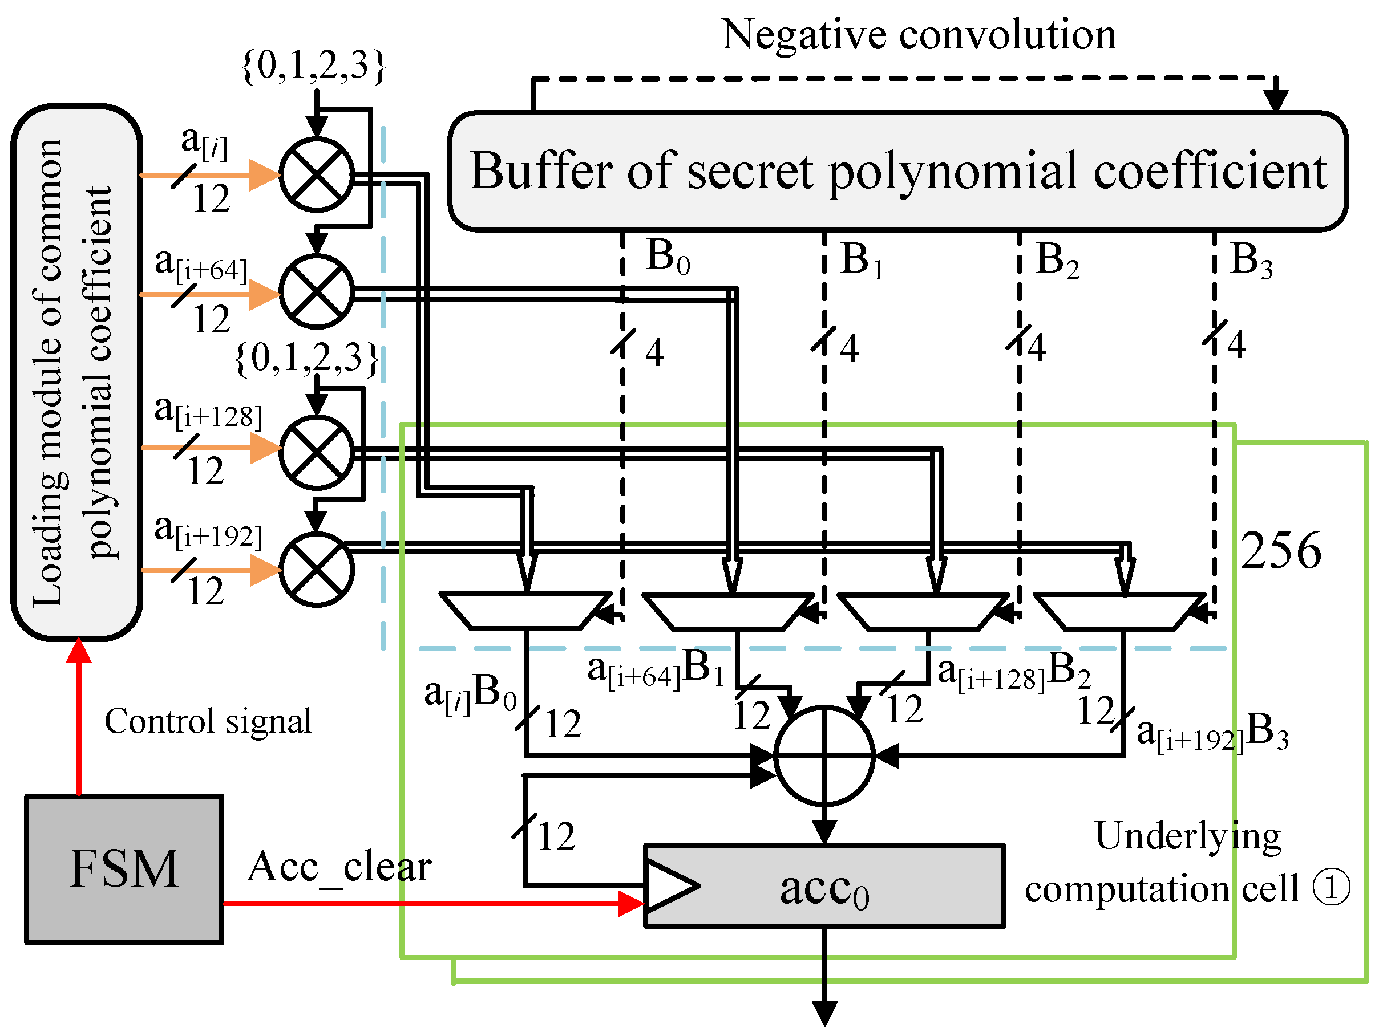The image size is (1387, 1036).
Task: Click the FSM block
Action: click(124, 869)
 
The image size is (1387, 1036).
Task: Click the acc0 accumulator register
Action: click(824, 886)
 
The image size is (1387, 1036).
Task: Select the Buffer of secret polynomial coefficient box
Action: click(897, 171)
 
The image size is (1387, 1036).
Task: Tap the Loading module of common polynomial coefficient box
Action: click(76, 372)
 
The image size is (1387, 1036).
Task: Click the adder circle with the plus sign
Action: click(824, 755)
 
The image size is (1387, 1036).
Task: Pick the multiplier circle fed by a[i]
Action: click(317, 175)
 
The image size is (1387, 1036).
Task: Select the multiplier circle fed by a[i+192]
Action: click(317, 569)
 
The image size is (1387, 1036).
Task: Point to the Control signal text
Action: click(208, 721)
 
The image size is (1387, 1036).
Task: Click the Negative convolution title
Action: click(918, 34)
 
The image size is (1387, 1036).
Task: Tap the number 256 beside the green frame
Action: click(1280, 550)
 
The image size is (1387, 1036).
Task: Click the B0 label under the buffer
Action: click(667, 257)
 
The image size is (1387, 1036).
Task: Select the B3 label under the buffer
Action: click(1251, 259)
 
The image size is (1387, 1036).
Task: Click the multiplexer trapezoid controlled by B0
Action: click(525, 611)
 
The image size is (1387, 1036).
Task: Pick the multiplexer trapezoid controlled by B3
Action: click(1120, 612)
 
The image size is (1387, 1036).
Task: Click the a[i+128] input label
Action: click(208, 412)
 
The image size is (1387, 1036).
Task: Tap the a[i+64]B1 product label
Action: click(655, 669)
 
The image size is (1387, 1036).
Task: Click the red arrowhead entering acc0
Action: click(631, 903)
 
